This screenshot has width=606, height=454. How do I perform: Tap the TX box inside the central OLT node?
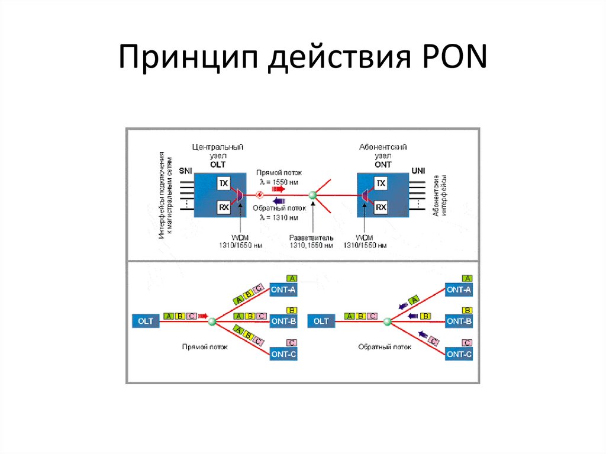click(223, 183)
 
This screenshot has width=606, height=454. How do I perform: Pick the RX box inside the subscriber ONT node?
click(382, 208)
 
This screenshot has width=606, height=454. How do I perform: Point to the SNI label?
click(186, 171)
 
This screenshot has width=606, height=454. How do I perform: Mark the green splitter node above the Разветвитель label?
click(312, 195)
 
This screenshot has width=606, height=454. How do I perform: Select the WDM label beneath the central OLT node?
click(241, 237)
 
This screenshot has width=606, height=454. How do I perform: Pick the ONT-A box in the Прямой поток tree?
click(283, 290)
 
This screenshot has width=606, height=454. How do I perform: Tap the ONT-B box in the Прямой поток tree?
click(283, 321)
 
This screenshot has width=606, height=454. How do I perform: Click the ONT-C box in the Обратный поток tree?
click(459, 354)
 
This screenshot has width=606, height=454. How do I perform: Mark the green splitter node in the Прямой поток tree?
click(211, 321)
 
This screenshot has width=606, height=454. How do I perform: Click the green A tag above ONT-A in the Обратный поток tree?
click(467, 278)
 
